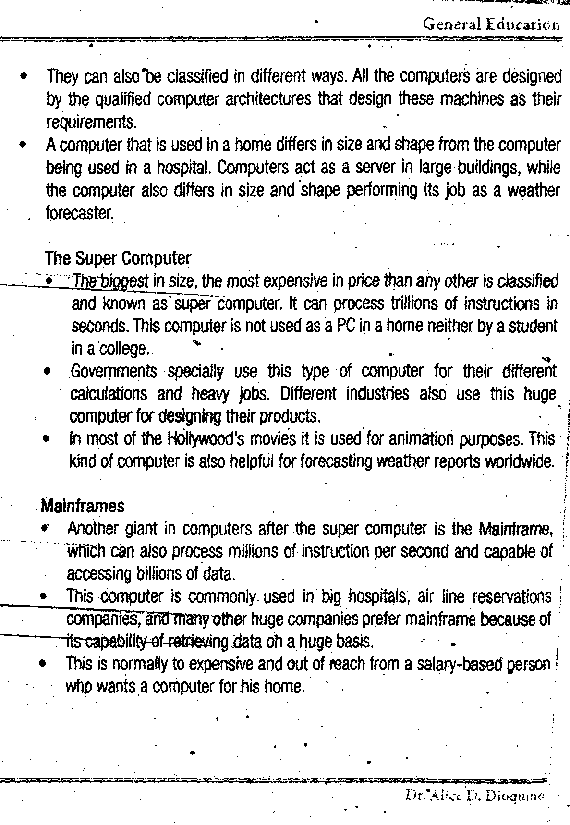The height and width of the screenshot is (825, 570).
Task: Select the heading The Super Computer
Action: coord(118,258)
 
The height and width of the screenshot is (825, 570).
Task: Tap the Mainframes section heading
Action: coord(83,506)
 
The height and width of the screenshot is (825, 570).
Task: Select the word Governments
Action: coord(114,371)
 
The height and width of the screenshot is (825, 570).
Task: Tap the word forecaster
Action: coord(79,213)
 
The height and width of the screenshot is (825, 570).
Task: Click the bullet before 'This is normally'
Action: coord(44,665)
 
